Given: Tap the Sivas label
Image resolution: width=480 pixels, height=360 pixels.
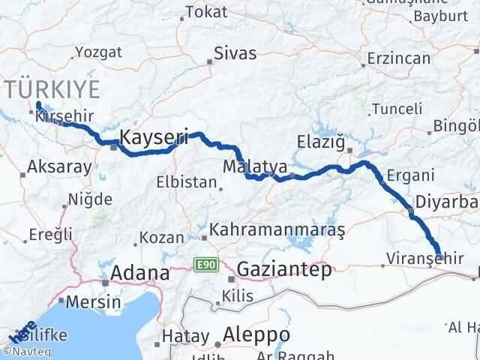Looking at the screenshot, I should pyautogui.click(x=235, y=53).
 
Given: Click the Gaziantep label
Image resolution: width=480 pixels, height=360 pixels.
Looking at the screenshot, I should pyautogui.click(x=283, y=270).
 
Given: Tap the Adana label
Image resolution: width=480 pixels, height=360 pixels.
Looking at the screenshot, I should pyautogui.click(x=139, y=274).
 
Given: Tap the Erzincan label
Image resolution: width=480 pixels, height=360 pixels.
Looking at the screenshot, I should pyautogui.click(x=394, y=58).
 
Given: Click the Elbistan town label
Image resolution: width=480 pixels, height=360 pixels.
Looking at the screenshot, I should pyautogui.click(x=185, y=182).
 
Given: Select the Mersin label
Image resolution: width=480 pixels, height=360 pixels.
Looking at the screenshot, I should pyautogui.click(x=94, y=302).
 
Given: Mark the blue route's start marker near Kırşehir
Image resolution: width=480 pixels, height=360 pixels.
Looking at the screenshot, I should pyautogui.click(x=38, y=106).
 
